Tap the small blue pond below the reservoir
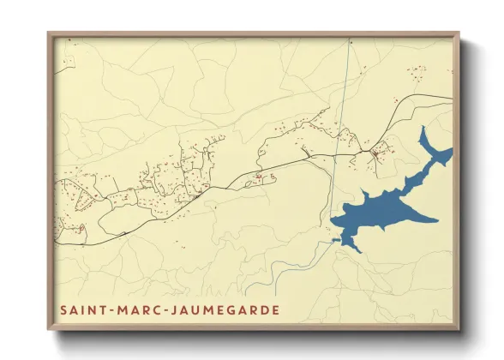tap(337, 241)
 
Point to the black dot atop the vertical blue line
tap(350, 41)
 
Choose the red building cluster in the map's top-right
tap(417, 73)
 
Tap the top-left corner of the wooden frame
tap(49, 34)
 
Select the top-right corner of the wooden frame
tap(459, 34)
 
